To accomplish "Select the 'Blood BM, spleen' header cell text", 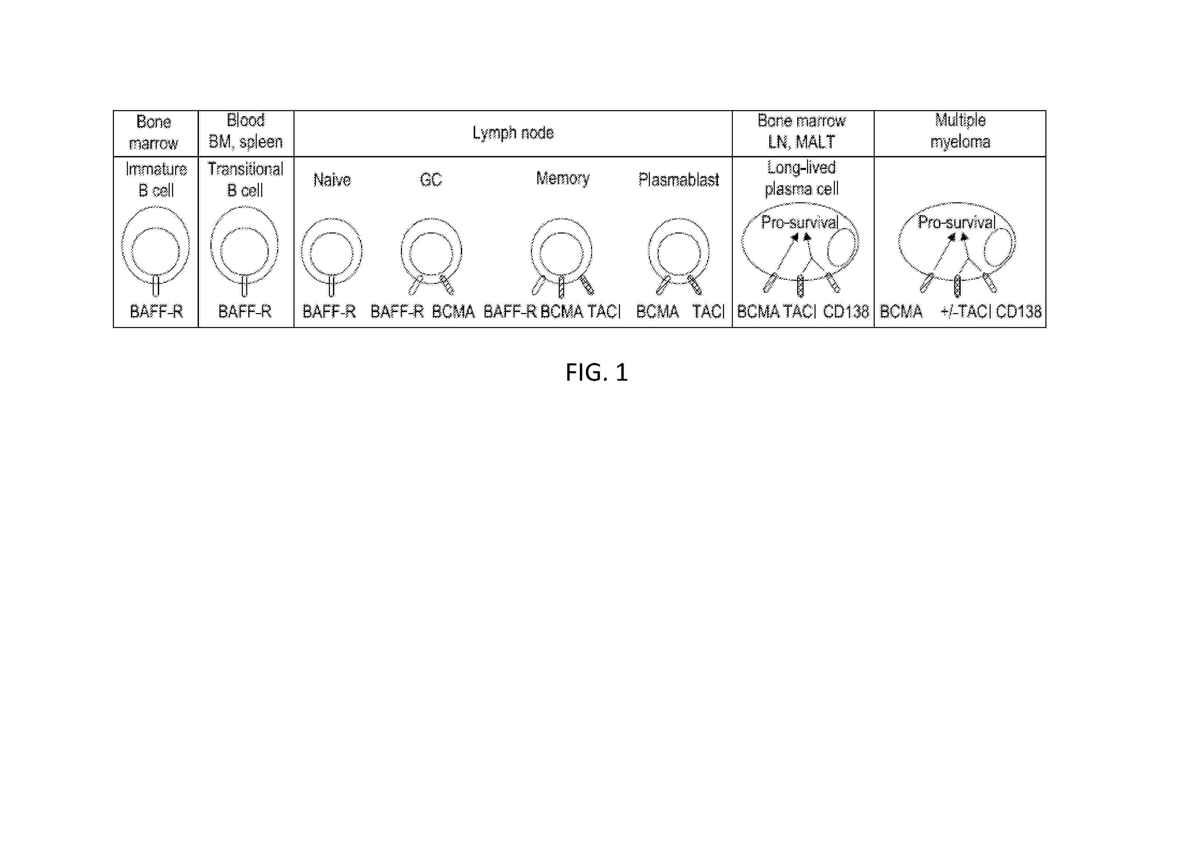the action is [246, 131].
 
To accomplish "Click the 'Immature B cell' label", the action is [156, 180].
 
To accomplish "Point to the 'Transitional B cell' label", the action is [245, 180].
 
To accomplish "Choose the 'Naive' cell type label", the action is [332, 180].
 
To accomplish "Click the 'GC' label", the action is [431, 180].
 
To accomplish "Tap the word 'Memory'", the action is [563, 179].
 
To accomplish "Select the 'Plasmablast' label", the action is [678, 180].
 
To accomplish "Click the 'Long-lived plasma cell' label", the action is [801, 178].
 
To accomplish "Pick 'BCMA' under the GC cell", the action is [453, 312].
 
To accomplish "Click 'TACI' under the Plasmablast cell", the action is [708, 312].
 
